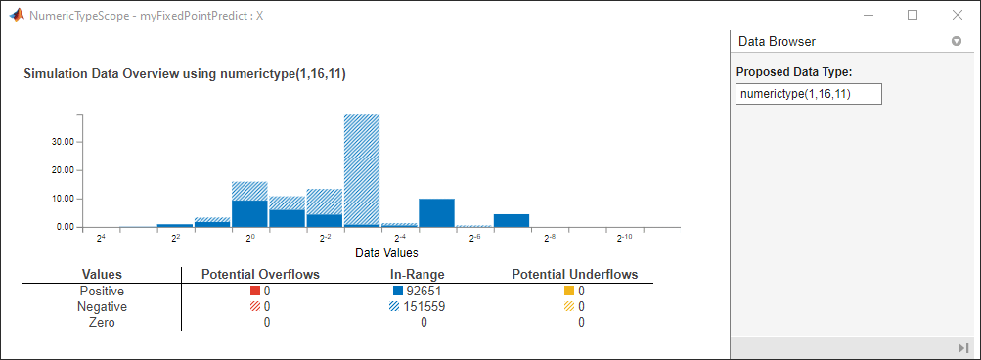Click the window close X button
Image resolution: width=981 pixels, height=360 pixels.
click(958, 15)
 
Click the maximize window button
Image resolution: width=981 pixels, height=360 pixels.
click(913, 15)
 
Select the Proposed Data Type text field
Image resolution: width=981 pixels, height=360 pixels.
click(808, 94)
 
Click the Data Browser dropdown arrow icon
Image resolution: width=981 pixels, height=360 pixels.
click(956, 41)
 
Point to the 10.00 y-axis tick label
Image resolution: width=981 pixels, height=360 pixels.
click(64, 199)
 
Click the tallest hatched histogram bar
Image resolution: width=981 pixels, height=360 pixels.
click(362, 170)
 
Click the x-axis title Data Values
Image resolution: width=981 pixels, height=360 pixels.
click(386, 253)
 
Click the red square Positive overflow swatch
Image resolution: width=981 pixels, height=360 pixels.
click(254, 292)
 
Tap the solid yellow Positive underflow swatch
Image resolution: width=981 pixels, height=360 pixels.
click(568, 292)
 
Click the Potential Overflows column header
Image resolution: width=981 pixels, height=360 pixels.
click(260, 274)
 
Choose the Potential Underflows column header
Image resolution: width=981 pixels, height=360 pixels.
click(575, 274)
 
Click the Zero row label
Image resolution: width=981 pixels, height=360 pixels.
click(102, 323)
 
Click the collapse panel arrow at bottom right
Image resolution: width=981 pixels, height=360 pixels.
click(962, 347)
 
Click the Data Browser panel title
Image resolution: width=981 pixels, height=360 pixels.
click(777, 41)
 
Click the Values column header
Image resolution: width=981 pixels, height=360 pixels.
click(102, 274)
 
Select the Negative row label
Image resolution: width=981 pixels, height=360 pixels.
click(102, 307)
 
